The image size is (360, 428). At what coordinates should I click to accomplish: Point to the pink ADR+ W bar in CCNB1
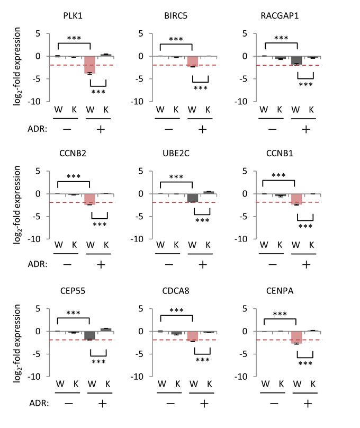pyautogui.click(x=296, y=199)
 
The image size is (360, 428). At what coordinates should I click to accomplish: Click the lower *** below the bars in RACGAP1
pyautogui.click(x=305, y=84)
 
